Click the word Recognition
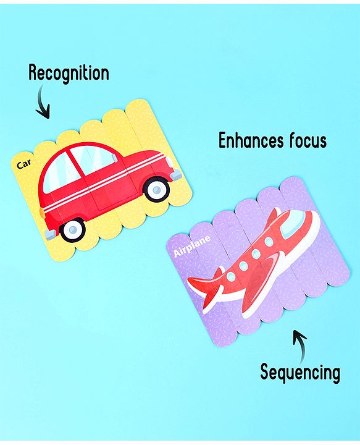point(69,73)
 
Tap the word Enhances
point(251,140)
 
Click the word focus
point(308,140)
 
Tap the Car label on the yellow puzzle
point(24,164)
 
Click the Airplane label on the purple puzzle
point(192,245)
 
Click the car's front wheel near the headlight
point(157,189)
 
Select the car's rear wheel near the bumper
point(73,229)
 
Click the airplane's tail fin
point(205,287)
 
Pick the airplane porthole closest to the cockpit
point(268,242)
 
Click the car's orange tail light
point(42,212)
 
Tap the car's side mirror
point(114,158)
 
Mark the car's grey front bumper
point(177,174)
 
